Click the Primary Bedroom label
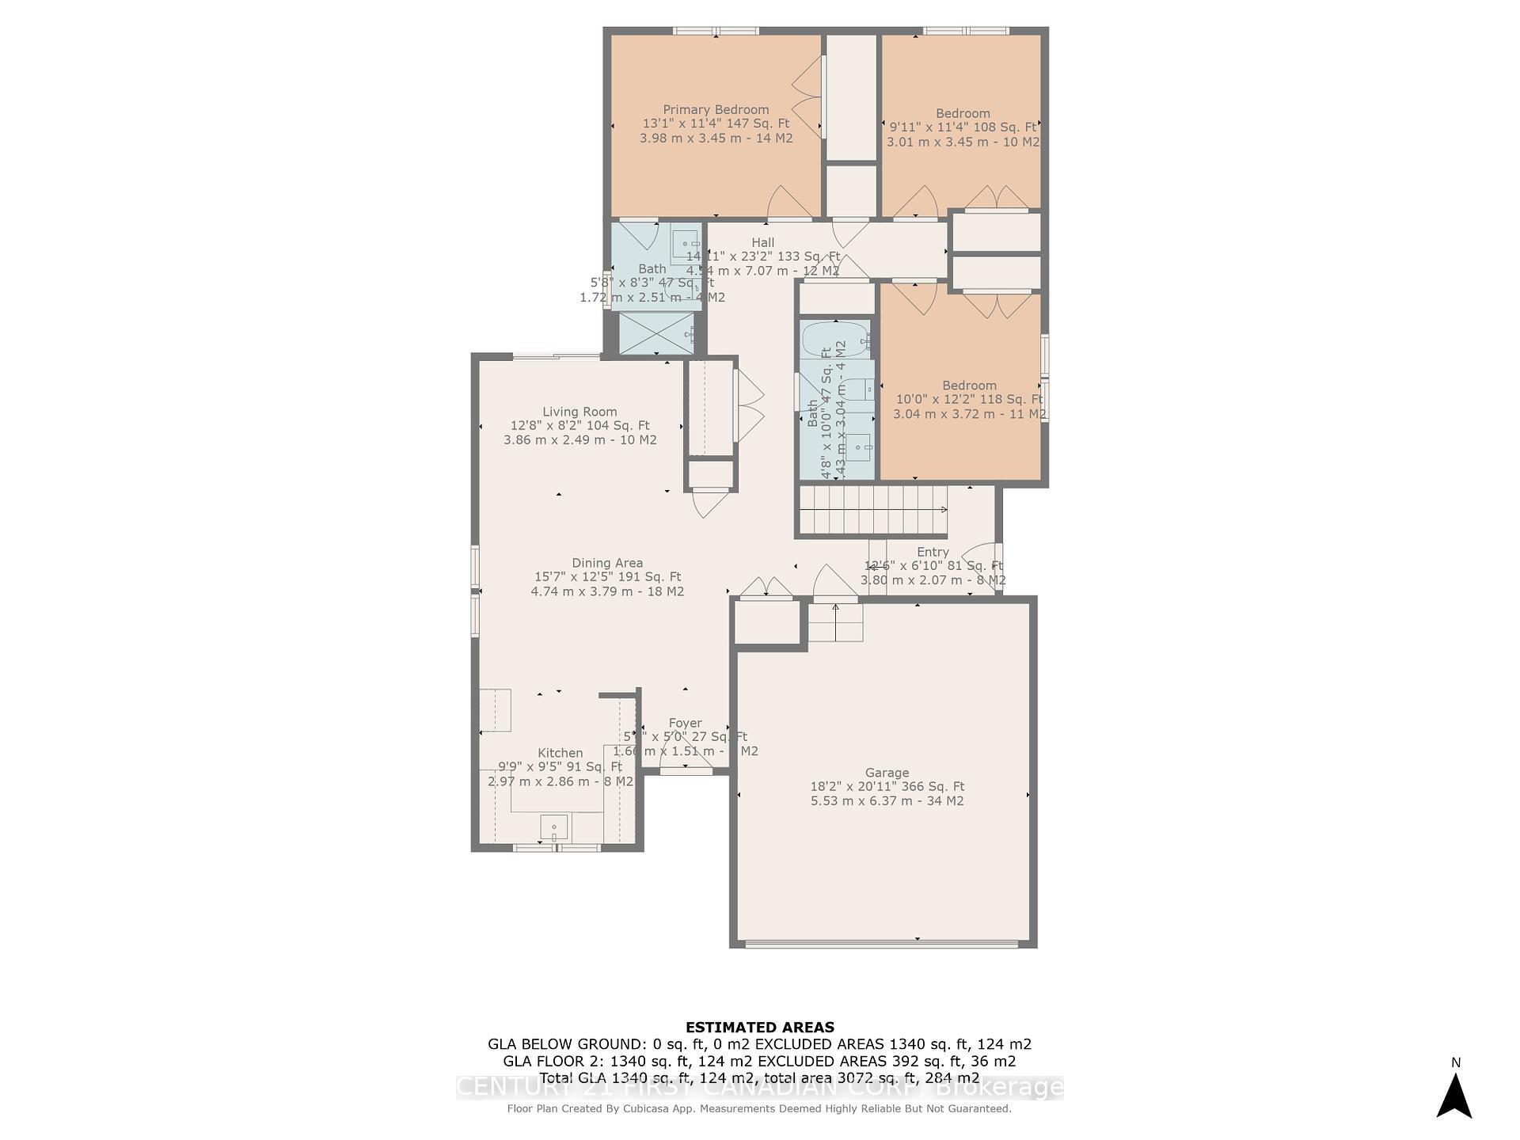click(716, 110)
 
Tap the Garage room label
click(887, 773)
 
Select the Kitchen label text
click(560, 753)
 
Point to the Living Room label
click(579, 412)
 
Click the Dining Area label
click(607, 563)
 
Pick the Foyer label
click(685, 723)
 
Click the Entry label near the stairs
click(933, 552)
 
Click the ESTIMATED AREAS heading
click(759, 1027)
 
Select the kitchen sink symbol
click(554, 827)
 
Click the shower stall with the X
click(655, 333)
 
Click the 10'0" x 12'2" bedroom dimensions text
click(969, 400)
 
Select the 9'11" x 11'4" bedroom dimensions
click(963, 127)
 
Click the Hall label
click(763, 242)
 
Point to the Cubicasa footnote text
click(759, 1108)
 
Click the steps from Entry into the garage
click(835, 623)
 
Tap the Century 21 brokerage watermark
click(759, 1088)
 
